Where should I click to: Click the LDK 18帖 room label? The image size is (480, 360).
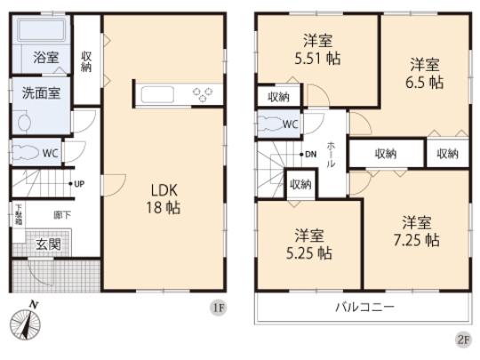point(162,197)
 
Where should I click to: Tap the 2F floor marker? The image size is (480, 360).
point(463,339)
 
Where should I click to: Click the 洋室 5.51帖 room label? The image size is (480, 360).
point(318,50)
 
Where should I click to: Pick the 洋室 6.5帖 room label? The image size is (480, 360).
point(424,72)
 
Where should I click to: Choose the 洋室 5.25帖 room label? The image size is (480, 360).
point(310,244)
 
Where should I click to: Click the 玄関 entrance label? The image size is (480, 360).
point(47,244)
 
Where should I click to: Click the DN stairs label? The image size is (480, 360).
point(309,155)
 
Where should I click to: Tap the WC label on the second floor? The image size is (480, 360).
point(290,124)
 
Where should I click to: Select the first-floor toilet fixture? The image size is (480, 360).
point(24,152)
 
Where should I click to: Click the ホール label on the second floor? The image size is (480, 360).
point(331,155)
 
